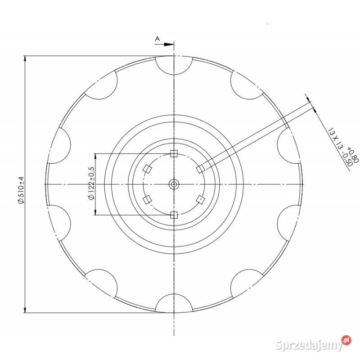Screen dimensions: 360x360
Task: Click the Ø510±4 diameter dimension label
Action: (21, 189)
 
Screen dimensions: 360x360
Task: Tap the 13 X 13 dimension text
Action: (336, 139)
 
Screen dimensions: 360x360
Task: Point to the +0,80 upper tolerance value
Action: (353, 155)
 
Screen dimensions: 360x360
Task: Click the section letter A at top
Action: (157, 39)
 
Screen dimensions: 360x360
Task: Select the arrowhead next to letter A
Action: (169, 44)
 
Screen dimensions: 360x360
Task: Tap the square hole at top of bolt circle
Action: (174, 153)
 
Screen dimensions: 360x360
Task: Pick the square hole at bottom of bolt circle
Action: (174, 215)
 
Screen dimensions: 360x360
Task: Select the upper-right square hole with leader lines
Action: (200, 169)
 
